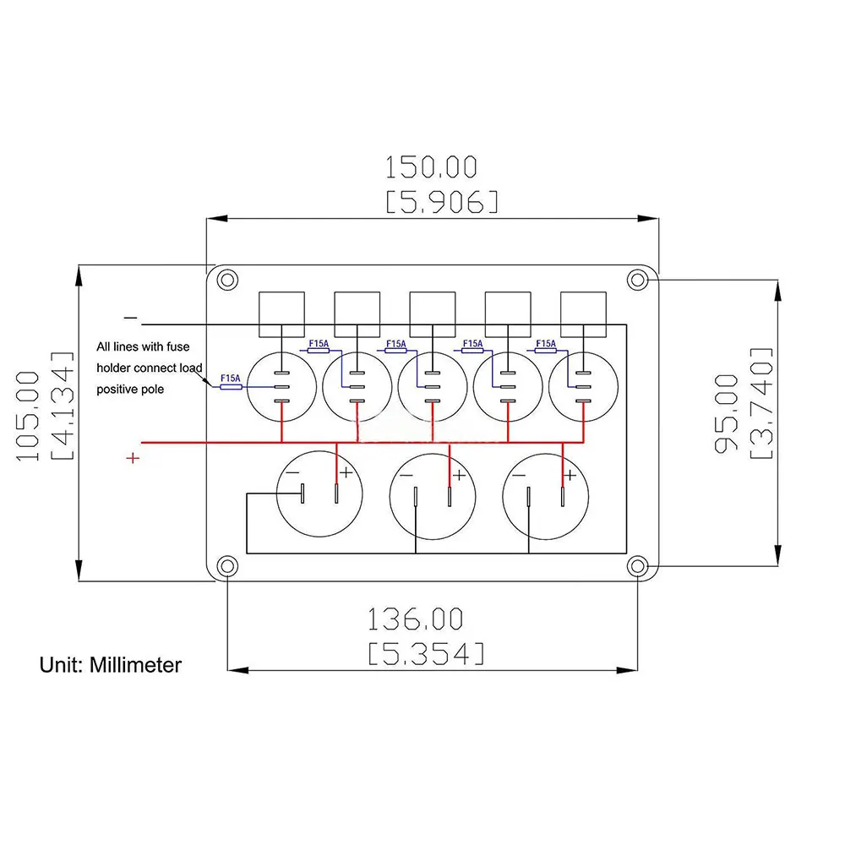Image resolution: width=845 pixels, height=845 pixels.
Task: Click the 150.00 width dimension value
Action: coord(431,167)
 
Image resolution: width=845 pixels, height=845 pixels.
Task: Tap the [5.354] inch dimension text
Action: coord(426,654)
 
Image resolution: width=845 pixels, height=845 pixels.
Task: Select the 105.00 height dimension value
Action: coord(28,416)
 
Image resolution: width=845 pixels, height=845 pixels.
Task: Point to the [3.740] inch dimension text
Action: coord(761,403)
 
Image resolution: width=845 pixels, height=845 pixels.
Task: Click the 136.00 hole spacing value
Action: coord(415,619)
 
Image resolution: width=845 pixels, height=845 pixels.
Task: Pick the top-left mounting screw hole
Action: coord(227,280)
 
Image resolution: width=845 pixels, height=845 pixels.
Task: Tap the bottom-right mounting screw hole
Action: coord(637,566)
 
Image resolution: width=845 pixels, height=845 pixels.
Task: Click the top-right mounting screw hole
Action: coord(637,280)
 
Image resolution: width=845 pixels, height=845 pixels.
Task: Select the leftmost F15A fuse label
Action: coord(231,379)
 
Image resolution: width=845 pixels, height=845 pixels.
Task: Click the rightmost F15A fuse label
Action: coord(545,343)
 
